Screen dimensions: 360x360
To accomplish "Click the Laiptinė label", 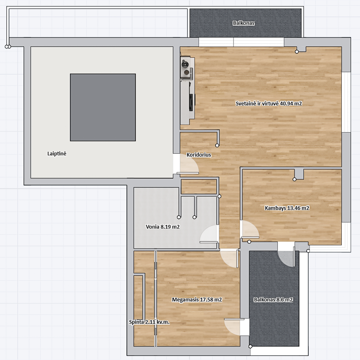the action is pos(57,154).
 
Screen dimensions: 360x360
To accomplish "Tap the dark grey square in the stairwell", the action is pos(103,107).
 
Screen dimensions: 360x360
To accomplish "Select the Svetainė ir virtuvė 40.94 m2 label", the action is pos(268,104).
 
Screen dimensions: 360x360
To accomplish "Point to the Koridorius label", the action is pos(199,155).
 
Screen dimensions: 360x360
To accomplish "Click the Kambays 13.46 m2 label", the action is pos(287,208).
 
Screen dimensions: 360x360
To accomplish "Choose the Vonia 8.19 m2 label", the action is pos(163,227).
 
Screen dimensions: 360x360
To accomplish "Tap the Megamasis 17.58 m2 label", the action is pos(197,300).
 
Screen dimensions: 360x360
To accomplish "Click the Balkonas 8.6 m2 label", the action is pos(273,300).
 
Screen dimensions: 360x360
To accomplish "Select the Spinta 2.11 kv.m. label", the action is pos(149,322).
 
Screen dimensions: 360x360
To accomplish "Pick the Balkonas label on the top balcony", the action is pos(244,23).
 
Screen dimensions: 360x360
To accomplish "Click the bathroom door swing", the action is pos(209,234).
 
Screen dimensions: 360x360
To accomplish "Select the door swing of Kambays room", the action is pos(250,229).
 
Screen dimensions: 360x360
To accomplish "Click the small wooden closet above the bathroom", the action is pos(199,186).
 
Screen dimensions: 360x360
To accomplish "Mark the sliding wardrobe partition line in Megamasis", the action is pos(155,299).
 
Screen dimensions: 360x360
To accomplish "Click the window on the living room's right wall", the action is pos(346,102).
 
